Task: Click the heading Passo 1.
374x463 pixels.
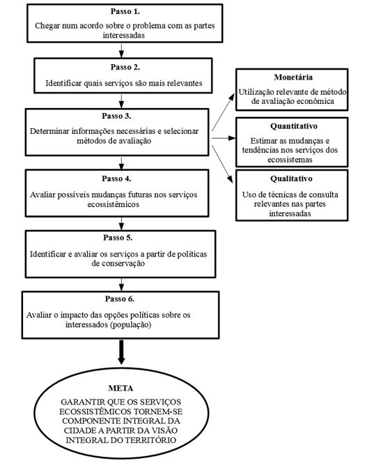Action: tap(125, 13)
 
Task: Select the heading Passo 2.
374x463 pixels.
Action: tap(125, 67)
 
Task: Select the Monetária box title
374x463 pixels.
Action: tap(292, 75)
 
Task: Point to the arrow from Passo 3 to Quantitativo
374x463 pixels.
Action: tap(223, 137)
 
